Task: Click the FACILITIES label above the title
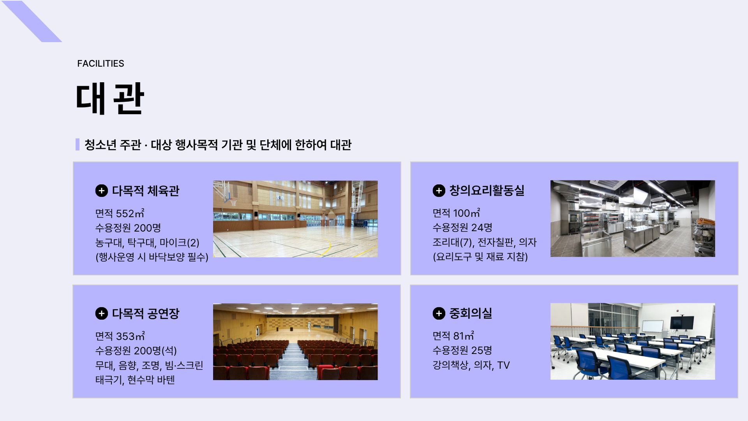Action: (101, 64)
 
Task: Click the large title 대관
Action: (110, 99)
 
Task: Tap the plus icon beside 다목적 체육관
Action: (101, 191)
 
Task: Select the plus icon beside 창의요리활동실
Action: (439, 190)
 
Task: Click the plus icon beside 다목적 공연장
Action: (101, 313)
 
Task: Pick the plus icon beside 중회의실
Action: (439, 313)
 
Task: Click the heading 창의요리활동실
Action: (487, 190)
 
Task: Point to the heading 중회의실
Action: (471, 313)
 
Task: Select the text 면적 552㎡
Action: (120, 213)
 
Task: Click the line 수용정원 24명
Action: (462, 227)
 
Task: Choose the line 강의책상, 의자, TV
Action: (471, 365)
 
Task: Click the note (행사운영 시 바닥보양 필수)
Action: (152, 257)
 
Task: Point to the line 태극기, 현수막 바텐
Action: (135, 380)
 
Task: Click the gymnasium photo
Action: (295, 219)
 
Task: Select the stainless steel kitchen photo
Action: (633, 218)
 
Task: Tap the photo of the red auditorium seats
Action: (295, 341)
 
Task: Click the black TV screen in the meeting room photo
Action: (682, 322)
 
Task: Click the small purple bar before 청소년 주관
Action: (78, 144)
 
